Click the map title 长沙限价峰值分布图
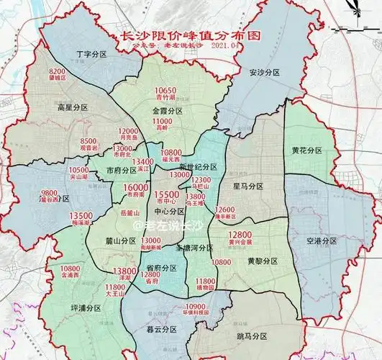pos(190,35)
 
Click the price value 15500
pos(170,194)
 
